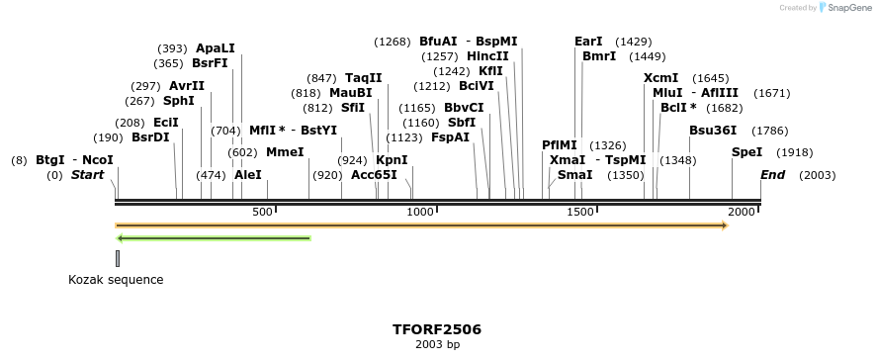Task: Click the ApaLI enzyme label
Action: (x=216, y=48)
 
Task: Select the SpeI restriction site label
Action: (x=746, y=152)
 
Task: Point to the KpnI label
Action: (x=392, y=160)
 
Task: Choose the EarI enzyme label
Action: (x=588, y=42)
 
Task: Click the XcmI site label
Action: (x=660, y=78)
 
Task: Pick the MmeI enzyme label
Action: (x=285, y=152)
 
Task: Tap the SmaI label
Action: (x=575, y=175)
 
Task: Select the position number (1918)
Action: (x=795, y=152)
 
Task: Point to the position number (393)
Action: (x=172, y=48)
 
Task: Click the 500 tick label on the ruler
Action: (x=262, y=212)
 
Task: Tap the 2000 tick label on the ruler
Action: (x=743, y=212)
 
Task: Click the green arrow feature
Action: (x=214, y=238)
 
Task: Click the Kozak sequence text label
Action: (x=116, y=280)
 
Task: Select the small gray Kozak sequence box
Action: (x=118, y=258)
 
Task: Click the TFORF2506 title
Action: (x=437, y=328)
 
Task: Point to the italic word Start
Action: (x=87, y=175)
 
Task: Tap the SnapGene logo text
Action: (x=843, y=8)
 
